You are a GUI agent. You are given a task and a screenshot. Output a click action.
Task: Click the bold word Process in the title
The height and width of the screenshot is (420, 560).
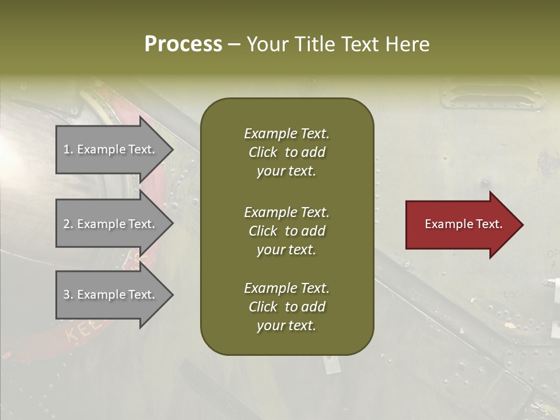[183, 44]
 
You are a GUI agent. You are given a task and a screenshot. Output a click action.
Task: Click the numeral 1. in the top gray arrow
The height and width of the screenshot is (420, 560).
[68, 149]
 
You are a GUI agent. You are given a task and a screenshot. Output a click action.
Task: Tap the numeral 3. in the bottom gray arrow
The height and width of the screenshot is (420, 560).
[68, 295]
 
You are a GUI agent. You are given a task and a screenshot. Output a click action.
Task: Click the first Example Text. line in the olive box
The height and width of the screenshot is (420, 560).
[286, 134]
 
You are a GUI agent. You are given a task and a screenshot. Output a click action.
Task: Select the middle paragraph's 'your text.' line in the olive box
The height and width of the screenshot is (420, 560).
[286, 250]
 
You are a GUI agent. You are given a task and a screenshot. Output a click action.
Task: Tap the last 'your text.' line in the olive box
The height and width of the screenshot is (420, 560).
[286, 326]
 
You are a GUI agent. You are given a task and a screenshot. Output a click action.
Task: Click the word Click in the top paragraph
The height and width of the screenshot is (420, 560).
[262, 153]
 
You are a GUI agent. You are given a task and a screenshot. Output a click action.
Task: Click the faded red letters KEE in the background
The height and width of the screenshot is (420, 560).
[84, 331]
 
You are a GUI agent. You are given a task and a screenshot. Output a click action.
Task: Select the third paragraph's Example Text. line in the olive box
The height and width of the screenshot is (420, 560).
[286, 288]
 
